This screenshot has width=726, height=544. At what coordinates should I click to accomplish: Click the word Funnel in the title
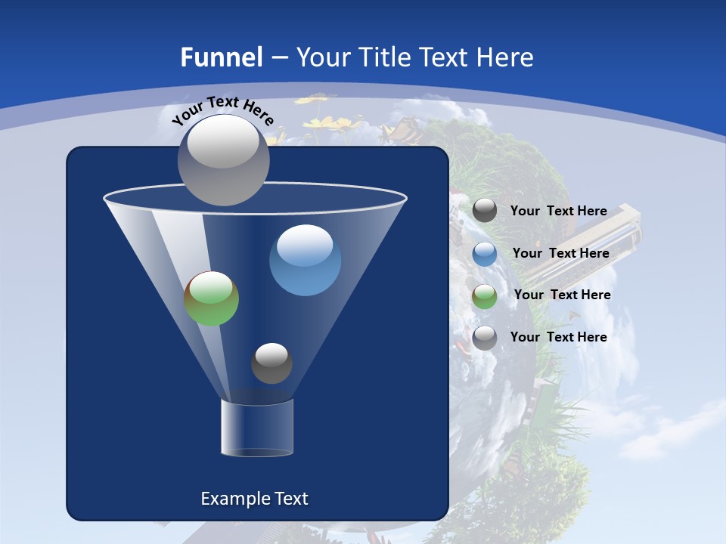221,57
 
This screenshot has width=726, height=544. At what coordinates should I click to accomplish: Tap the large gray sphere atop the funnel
223,159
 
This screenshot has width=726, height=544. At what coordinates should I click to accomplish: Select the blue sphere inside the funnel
305,260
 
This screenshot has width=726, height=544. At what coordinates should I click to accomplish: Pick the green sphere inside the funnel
212,298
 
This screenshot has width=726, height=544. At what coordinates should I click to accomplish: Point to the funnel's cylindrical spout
257,428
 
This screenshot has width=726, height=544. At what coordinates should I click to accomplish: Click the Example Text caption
254,499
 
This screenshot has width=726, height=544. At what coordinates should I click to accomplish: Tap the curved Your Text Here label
223,110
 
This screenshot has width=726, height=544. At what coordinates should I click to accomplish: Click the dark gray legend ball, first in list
485,210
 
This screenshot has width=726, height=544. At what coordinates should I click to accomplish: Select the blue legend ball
485,254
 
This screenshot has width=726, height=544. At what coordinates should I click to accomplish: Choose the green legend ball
485,296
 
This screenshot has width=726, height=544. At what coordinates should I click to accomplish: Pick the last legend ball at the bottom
485,338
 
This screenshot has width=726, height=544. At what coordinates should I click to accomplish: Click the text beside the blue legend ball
561,253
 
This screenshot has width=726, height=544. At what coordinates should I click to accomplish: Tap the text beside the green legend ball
563,295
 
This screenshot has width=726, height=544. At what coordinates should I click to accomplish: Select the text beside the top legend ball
559,211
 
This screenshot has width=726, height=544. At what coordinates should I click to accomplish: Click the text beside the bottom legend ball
559,337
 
